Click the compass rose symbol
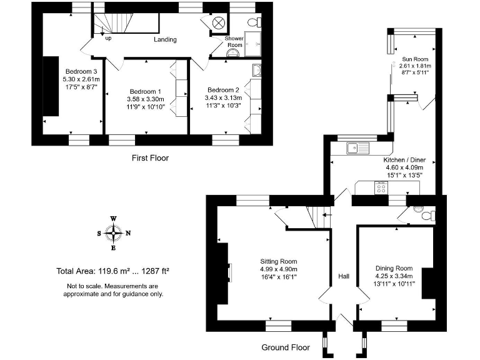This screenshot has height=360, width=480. [113, 233]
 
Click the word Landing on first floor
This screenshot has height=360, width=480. [166, 40]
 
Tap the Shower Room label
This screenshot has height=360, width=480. [234, 42]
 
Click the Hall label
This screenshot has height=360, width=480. [344, 276]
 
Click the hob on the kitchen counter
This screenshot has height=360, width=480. [379, 187]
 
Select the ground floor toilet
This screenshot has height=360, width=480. [427, 216]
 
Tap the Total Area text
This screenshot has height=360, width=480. [113, 271]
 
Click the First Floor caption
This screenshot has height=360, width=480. [150, 158]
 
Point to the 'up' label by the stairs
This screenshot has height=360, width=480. [109, 38]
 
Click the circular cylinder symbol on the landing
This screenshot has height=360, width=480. [219, 23]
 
